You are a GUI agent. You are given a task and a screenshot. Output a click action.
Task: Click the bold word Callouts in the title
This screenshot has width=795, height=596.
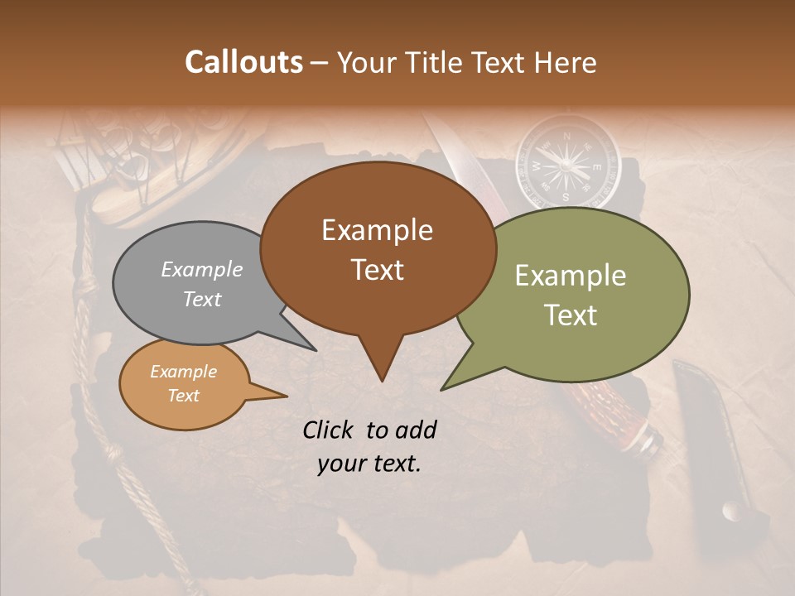tap(243, 62)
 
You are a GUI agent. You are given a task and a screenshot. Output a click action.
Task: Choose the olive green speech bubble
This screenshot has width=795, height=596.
tap(580, 295)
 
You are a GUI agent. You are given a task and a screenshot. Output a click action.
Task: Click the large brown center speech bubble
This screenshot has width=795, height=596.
tap(378, 248)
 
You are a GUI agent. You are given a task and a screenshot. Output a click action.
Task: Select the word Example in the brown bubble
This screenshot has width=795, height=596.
tap(377, 230)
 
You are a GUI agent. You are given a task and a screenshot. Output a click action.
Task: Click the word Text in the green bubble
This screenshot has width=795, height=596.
tap(571, 315)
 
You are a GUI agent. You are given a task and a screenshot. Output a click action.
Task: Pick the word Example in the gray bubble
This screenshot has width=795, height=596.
tap(202, 269)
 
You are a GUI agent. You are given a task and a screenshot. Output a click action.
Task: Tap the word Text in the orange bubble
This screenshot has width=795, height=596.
tap(184, 396)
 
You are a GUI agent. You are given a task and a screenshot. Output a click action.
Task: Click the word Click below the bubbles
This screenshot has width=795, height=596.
tap(330, 430)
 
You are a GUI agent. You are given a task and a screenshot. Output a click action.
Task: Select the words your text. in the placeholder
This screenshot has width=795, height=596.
tap(369, 464)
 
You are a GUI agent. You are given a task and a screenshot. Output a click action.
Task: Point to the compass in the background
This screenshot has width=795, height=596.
tap(567, 161)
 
